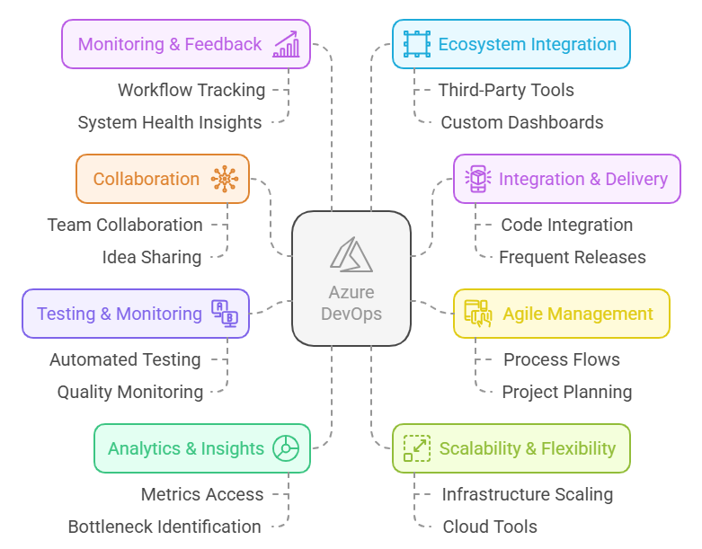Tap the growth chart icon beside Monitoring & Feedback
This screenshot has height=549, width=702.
coord(286,44)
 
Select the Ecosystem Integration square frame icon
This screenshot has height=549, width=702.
coord(417,44)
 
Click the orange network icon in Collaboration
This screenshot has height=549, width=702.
coord(225,179)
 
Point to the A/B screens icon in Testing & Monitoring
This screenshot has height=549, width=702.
coord(225,314)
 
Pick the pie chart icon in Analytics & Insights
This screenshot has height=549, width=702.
coord(286,448)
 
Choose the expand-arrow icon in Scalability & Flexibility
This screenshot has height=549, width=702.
coord(417,448)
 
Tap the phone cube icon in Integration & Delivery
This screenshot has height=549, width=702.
coord(477,179)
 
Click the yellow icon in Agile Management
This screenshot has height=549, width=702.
coord(477,314)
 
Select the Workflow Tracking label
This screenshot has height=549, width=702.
coord(191,90)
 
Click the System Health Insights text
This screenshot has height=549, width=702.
coord(170,122)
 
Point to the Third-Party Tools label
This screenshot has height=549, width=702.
coord(506,90)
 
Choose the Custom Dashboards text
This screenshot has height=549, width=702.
coord(522,122)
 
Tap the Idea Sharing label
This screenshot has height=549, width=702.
coord(152,257)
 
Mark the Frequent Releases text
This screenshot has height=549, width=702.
coord(573,257)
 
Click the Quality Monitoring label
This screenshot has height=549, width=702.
coord(130,392)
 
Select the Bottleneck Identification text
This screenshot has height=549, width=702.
coord(164,527)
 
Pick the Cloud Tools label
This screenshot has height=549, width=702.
coord(490,527)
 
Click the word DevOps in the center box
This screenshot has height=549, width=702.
coord(351,314)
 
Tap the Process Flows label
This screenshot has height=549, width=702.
coord(562,359)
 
